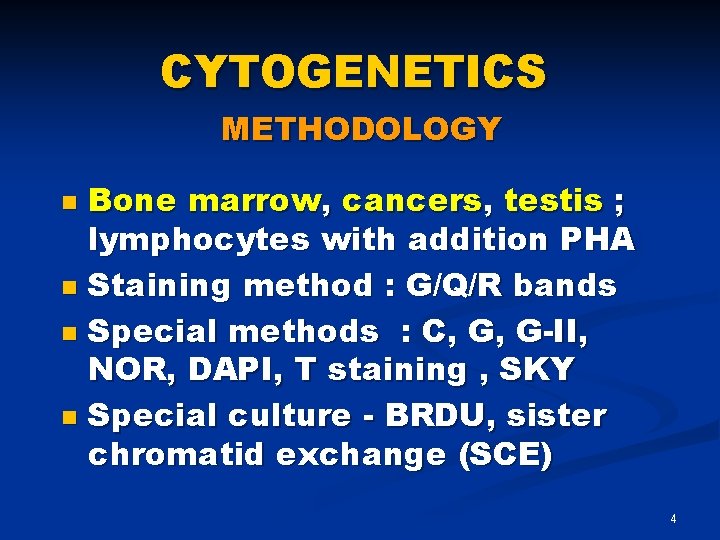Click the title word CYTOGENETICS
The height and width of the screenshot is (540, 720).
(353, 73)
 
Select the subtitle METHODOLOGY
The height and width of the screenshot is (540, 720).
(360, 129)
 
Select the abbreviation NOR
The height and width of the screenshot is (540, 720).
(122, 370)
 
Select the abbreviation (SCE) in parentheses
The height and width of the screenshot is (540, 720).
(503, 456)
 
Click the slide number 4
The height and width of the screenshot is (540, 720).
(673, 519)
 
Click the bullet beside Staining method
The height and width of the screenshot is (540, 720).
(68, 288)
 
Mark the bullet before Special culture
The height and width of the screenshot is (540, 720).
(68, 416)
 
